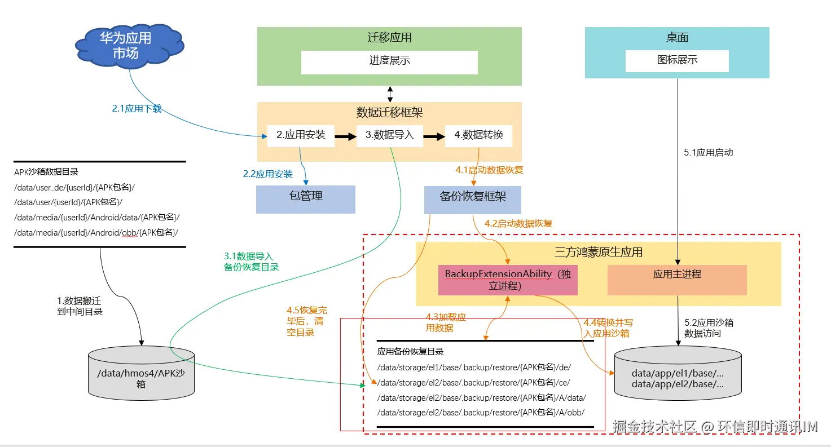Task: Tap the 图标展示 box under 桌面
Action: click(x=677, y=61)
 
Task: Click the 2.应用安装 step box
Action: click(x=301, y=135)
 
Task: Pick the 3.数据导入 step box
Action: click(x=389, y=135)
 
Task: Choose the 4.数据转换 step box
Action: click(x=478, y=135)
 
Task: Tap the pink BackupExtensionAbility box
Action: click(x=508, y=280)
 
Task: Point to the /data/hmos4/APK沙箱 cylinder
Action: click(x=141, y=375)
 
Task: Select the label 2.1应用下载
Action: click(x=137, y=109)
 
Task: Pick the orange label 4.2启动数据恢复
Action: click(x=518, y=224)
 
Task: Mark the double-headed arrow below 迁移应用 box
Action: click(x=390, y=94)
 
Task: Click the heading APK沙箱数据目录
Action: click(x=46, y=172)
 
